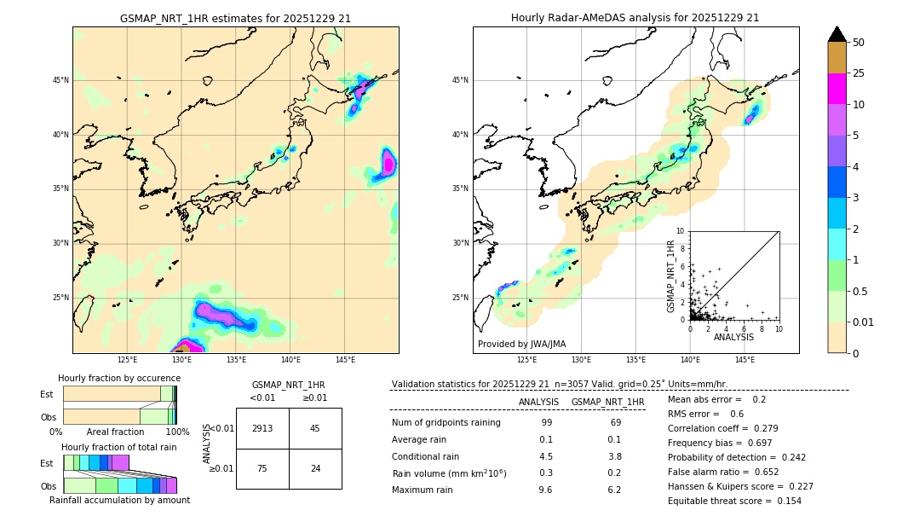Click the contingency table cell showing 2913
pos(262,428)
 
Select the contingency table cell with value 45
pos(315,428)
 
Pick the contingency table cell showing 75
pos(262,468)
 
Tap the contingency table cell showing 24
pos(315,468)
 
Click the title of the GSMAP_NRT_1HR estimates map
pos(235,18)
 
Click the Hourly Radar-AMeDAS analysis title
pos(635,18)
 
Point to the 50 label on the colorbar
pos(859,43)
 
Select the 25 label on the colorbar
pos(859,73)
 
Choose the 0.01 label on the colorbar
pos(863,322)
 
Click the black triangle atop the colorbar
pos(837,34)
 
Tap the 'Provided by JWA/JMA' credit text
pos(521,344)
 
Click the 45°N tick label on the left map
pos(60,80)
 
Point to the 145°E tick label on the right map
pos(745,360)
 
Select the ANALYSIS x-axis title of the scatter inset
pos(733,337)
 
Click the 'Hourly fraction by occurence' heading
pos(118,378)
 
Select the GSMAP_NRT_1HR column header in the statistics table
pos(607,402)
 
